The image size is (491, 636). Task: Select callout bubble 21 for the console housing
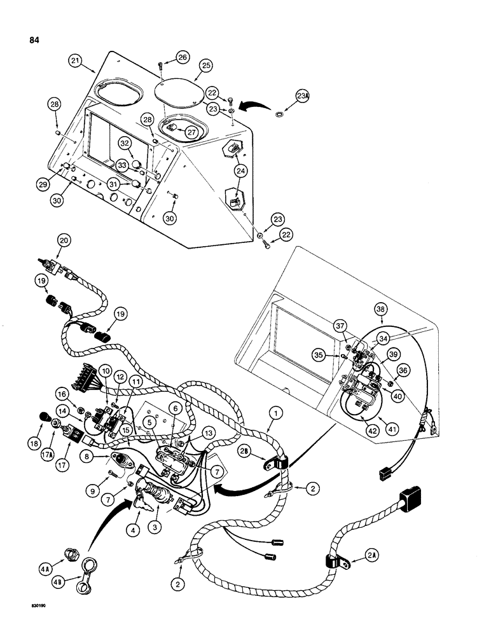click(x=76, y=61)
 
